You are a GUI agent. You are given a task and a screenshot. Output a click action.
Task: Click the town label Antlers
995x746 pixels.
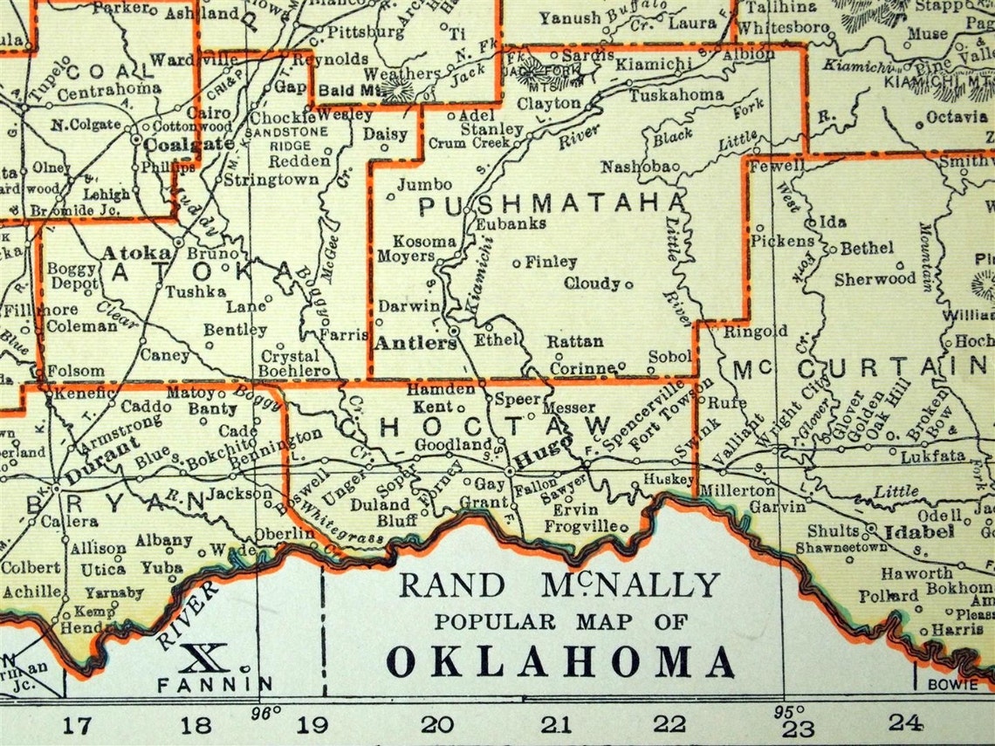click(x=415, y=343)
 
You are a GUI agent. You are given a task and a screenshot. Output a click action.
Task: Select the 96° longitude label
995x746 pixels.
click(x=265, y=709)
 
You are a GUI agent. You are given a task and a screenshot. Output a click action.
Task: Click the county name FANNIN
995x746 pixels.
click(x=215, y=684)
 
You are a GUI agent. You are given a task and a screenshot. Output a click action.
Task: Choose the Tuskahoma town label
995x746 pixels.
click(x=676, y=94)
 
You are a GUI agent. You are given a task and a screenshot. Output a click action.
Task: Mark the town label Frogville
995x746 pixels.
click(x=580, y=526)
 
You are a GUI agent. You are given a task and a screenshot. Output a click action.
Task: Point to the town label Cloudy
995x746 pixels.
click(x=593, y=284)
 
